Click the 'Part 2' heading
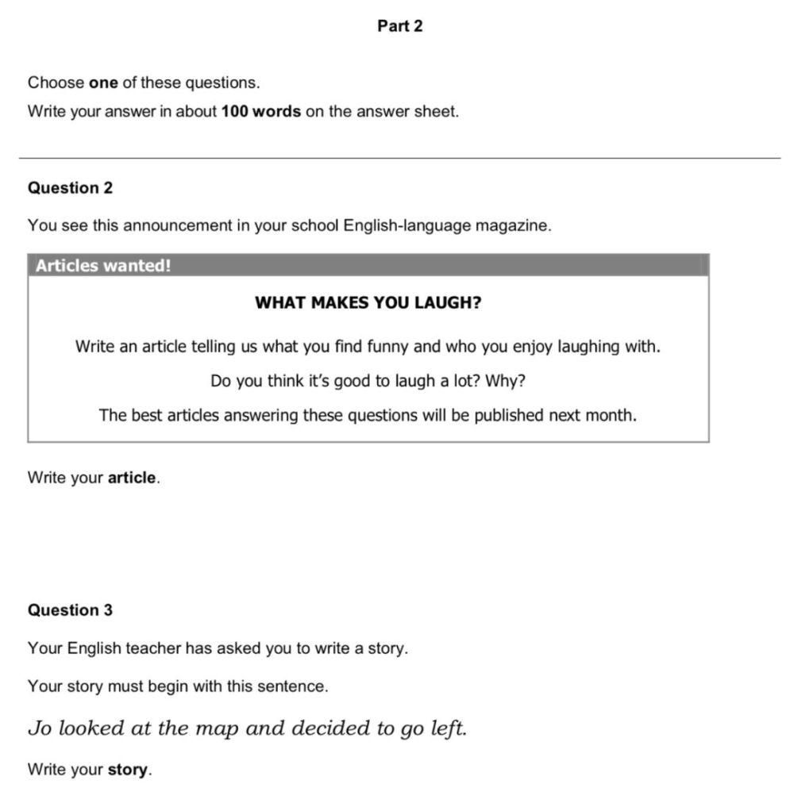pos(400,26)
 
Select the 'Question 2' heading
pos(70,188)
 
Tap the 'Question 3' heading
pos(70,610)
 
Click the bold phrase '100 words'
pos(260,112)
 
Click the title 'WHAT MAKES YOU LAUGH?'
pos(368,303)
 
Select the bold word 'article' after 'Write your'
pos(132,478)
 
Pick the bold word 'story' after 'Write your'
pos(128,770)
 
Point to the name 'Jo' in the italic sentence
pos(38,729)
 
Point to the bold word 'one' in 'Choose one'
pos(103,83)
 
